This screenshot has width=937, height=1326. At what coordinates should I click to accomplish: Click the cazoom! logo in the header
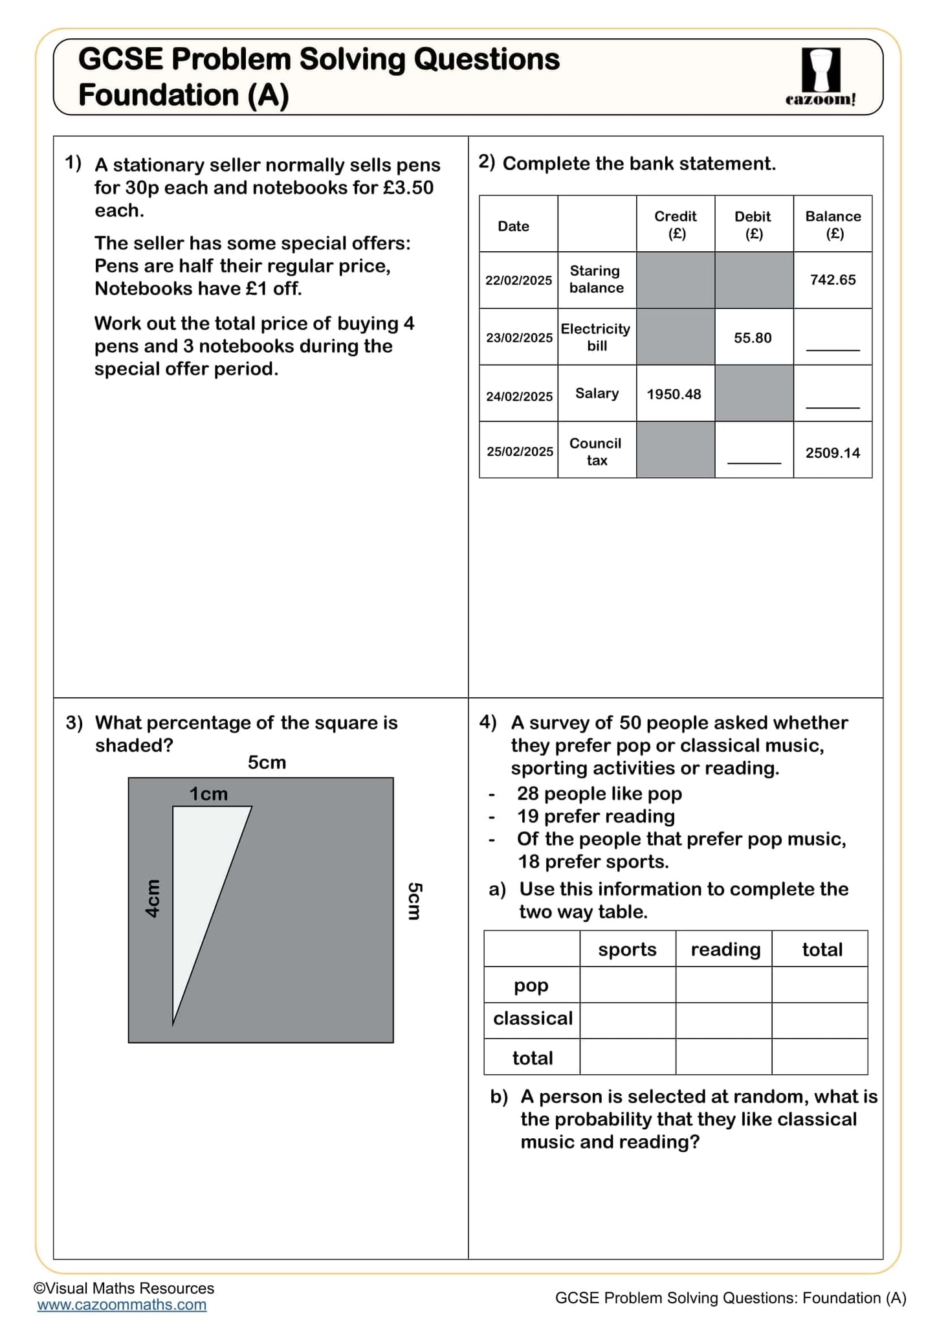(821, 77)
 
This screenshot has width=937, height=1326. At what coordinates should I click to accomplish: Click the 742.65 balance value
(832, 280)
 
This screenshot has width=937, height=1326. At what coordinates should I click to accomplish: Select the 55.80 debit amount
(753, 337)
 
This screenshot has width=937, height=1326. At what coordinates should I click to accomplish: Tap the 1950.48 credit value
(674, 394)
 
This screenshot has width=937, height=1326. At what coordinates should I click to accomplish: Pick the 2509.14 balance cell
(832, 453)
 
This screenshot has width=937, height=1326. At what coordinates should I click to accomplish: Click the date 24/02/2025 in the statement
(519, 396)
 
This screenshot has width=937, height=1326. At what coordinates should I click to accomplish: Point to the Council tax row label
(596, 451)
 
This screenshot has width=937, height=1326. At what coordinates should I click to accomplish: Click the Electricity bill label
(596, 337)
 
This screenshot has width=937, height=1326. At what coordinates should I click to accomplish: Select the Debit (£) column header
(753, 224)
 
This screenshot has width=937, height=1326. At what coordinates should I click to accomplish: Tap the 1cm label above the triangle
(208, 794)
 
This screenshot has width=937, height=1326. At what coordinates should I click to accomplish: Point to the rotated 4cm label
(152, 898)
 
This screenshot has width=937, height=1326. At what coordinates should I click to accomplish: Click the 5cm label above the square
(267, 762)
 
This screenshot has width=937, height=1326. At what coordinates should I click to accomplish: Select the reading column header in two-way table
(725, 949)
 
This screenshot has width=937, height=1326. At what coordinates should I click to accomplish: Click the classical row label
(533, 1018)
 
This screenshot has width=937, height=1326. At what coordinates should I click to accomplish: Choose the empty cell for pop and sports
(627, 985)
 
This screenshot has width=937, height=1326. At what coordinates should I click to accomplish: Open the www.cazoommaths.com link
(122, 1305)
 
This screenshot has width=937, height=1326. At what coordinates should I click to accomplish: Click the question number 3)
(74, 723)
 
